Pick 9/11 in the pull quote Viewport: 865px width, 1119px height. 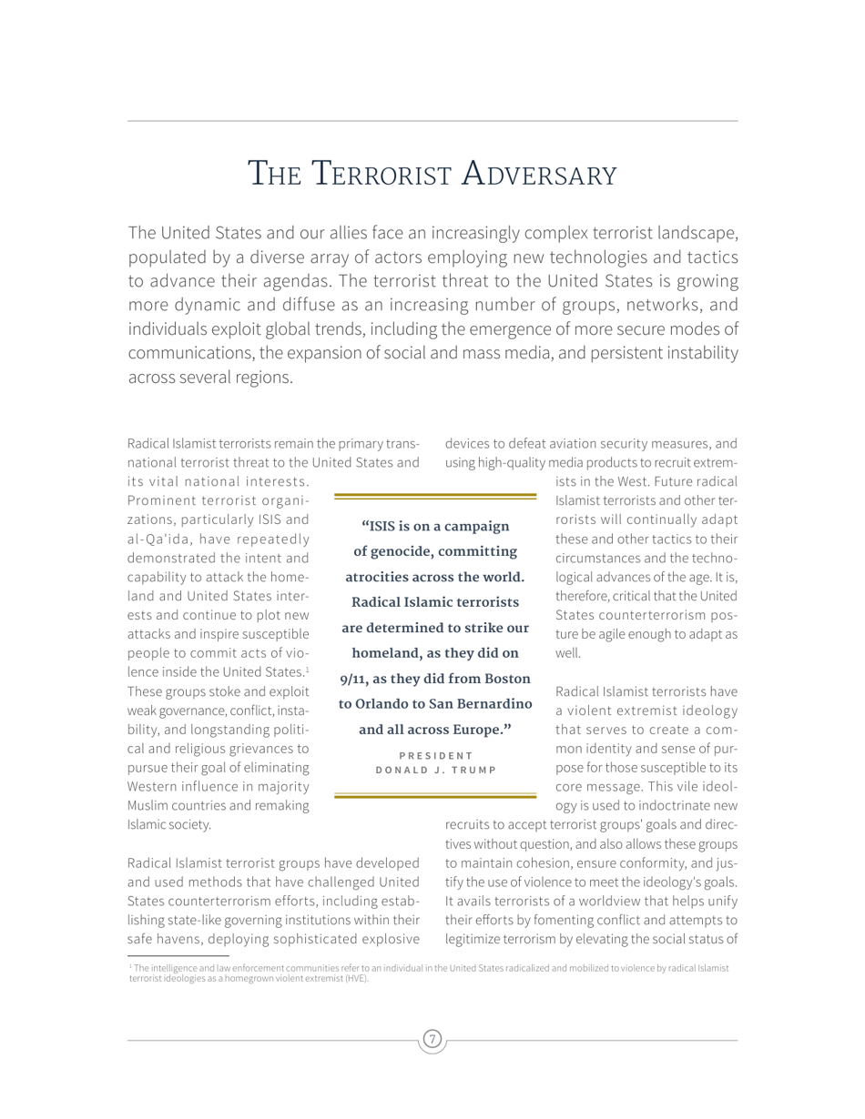click(358, 678)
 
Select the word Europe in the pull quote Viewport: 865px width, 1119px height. click(479, 729)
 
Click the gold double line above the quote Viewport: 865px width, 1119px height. click(436, 496)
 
